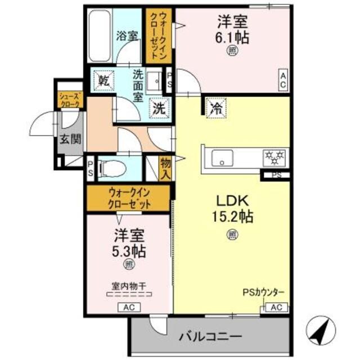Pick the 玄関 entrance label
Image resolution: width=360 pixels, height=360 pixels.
click(71, 139)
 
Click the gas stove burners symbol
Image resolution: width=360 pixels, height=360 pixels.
click(275, 157)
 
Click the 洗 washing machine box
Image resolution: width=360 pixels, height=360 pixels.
click(159, 109)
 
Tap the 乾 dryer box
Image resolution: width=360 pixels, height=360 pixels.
click(105, 80)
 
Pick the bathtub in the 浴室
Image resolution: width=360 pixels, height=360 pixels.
click(100, 38)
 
